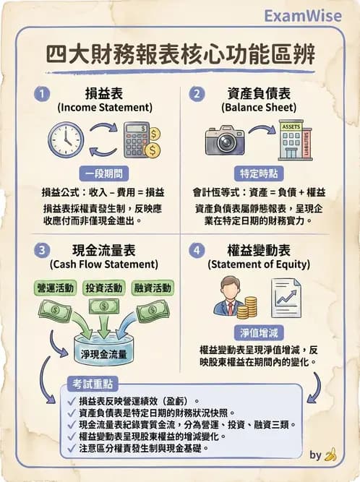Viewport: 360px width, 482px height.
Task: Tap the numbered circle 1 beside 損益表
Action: [x=45, y=94]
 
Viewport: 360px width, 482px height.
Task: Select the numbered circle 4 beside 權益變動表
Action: [x=197, y=251]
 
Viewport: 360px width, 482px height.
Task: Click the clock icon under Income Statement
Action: [x=66, y=139]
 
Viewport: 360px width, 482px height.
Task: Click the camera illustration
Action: [x=226, y=139]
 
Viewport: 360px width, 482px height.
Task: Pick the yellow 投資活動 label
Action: [x=104, y=288]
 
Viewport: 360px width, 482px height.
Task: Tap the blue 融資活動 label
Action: [x=153, y=288]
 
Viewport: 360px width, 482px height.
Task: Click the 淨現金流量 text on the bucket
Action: [x=104, y=354]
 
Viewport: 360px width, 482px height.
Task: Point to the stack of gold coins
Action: [x=250, y=307]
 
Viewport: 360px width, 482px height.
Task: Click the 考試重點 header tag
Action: [x=92, y=383]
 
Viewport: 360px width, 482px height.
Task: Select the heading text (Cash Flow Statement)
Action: [x=102, y=264]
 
